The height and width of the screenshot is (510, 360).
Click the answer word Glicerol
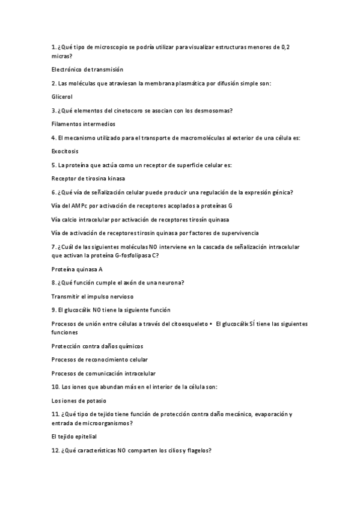point(62,96)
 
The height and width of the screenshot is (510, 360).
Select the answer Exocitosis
point(65,152)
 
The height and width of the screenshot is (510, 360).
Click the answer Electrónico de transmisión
point(87,69)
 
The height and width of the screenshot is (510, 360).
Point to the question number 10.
point(55,387)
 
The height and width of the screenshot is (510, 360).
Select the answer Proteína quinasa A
point(77,269)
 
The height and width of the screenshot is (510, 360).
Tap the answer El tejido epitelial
point(74,437)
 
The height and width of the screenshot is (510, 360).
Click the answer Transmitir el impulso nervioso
point(93,296)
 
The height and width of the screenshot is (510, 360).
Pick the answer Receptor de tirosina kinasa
point(88,179)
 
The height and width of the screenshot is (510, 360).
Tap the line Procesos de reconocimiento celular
point(100,360)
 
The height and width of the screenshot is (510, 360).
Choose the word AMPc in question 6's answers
point(77,206)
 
